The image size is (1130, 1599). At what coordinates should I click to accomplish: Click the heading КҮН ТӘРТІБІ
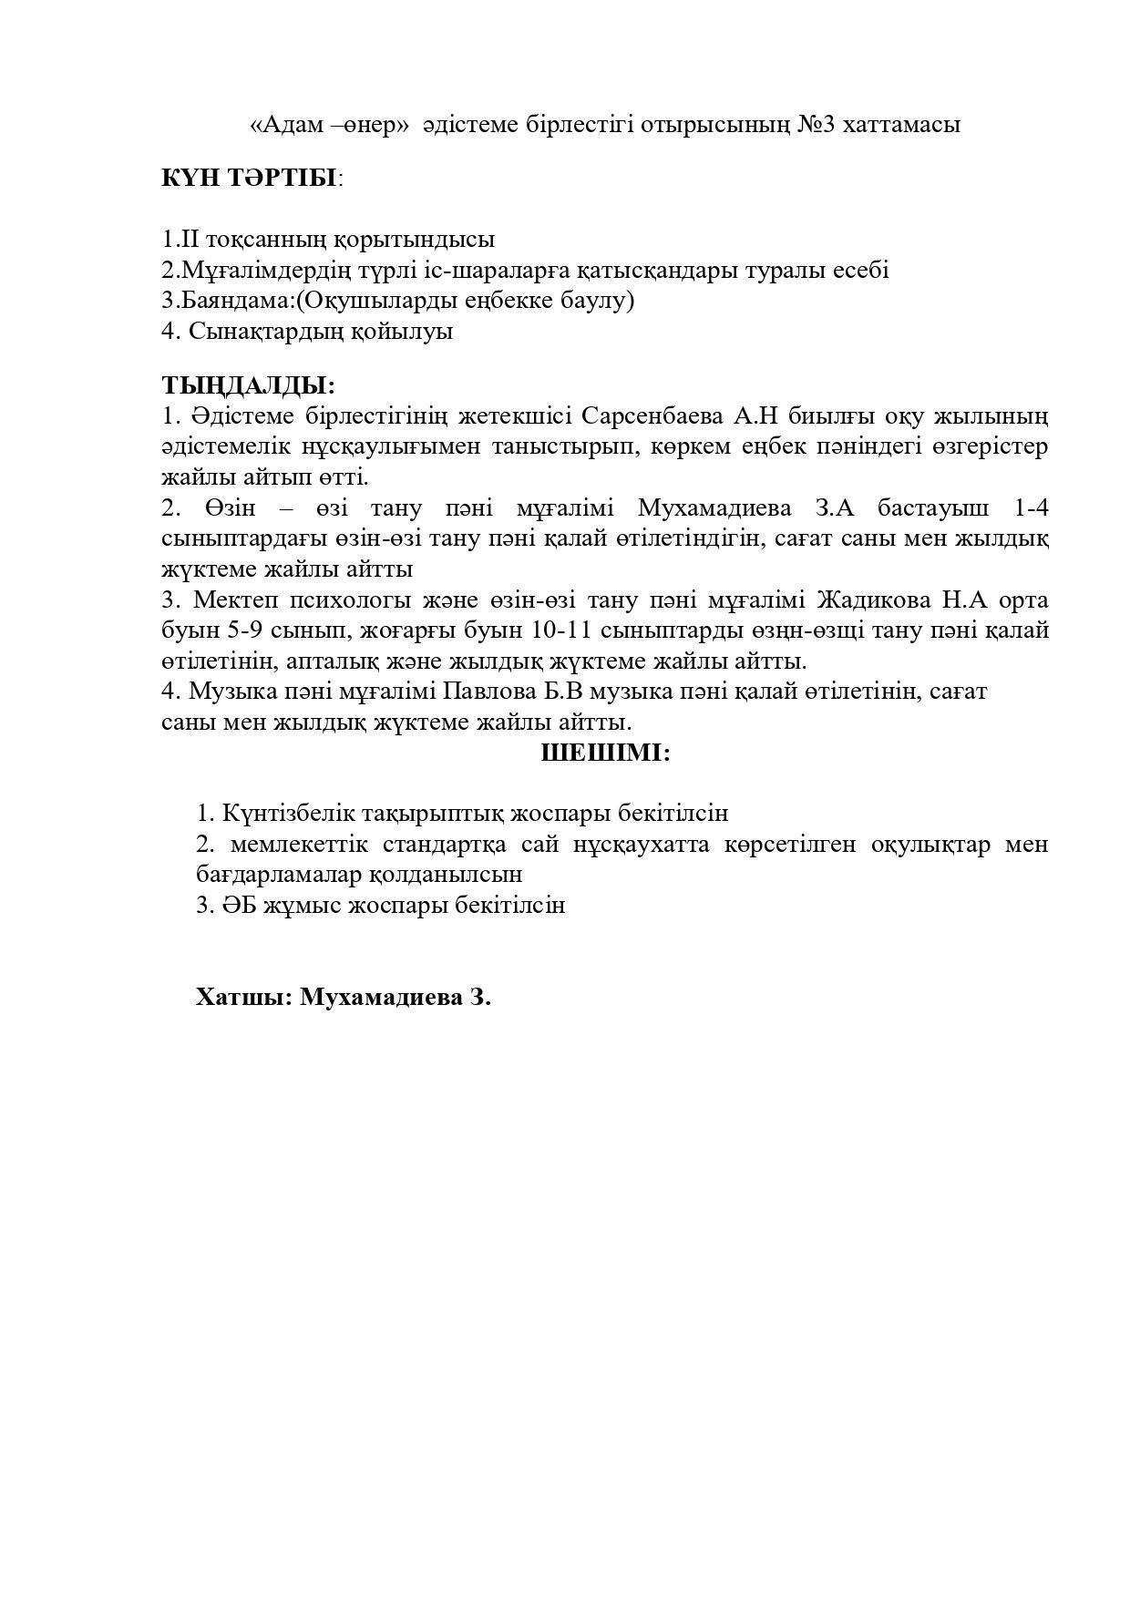(249, 178)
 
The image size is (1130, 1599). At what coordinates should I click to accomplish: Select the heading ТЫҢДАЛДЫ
(248, 385)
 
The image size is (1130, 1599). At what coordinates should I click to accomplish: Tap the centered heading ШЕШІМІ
(605, 753)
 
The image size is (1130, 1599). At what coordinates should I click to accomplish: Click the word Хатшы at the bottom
(242, 997)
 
